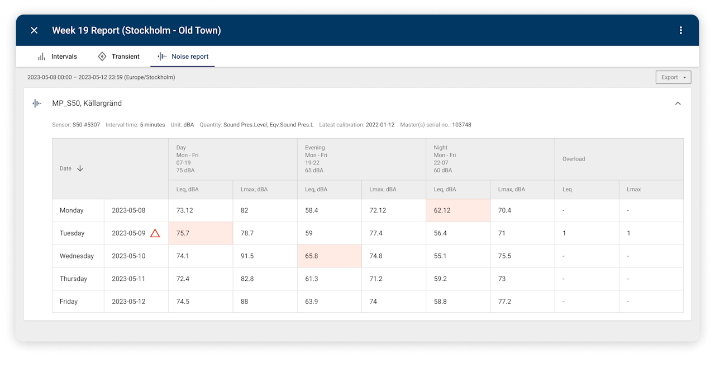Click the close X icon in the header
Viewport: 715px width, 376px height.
(x=34, y=30)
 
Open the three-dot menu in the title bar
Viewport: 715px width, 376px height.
(x=680, y=30)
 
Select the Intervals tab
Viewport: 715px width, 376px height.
(x=58, y=57)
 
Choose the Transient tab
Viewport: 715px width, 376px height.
(x=118, y=57)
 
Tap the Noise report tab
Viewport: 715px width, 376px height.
(x=183, y=57)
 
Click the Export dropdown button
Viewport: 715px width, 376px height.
(x=673, y=77)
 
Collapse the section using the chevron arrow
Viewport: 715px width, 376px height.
(x=678, y=104)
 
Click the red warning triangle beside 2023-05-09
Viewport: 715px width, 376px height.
(x=155, y=233)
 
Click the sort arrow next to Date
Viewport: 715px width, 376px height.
(x=80, y=168)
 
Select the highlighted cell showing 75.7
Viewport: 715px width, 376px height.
(x=200, y=233)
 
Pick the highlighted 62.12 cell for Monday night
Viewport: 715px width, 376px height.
(x=457, y=210)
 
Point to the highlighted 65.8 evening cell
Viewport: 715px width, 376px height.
(x=329, y=256)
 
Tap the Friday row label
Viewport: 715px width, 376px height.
(x=69, y=302)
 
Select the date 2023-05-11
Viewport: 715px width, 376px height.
(x=128, y=279)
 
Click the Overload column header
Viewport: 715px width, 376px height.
(x=574, y=159)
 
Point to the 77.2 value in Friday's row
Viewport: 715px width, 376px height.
(x=504, y=302)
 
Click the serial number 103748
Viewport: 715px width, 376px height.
(x=461, y=125)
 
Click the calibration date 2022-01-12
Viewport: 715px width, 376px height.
(x=380, y=125)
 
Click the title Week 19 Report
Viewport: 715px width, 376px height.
(x=136, y=30)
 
